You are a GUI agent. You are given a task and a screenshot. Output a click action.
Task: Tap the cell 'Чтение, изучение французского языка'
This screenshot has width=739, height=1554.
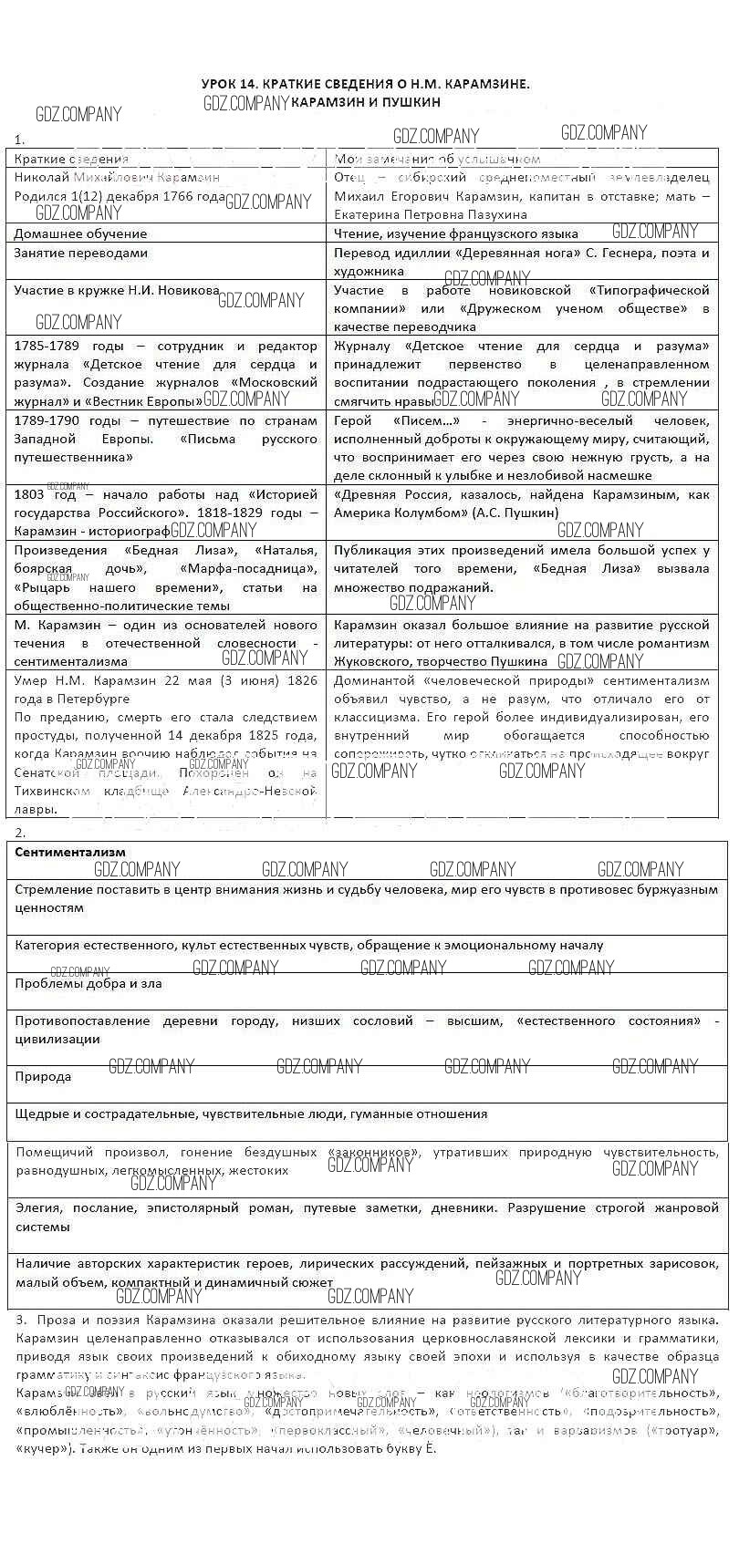coord(456,233)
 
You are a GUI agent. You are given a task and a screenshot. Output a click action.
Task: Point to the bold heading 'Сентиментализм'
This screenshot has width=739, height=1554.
coord(70,852)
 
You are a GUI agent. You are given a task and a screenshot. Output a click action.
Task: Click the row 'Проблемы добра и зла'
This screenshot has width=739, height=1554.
coord(88,983)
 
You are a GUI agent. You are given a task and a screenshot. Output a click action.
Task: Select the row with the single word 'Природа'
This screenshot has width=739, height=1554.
coord(43,1076)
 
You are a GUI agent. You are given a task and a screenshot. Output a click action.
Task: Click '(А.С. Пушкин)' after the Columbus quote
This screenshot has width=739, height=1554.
coord(515,513)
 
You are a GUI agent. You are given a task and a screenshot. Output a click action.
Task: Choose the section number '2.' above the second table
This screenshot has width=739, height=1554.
coord(21,832)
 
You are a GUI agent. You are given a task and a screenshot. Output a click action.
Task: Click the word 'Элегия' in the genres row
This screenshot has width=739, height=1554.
coord(39,1207)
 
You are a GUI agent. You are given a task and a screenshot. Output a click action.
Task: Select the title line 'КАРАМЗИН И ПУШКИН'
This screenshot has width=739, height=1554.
coord(365,102)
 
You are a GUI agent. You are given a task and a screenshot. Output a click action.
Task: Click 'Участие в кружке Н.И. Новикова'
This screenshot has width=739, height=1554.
coord(117,290)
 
